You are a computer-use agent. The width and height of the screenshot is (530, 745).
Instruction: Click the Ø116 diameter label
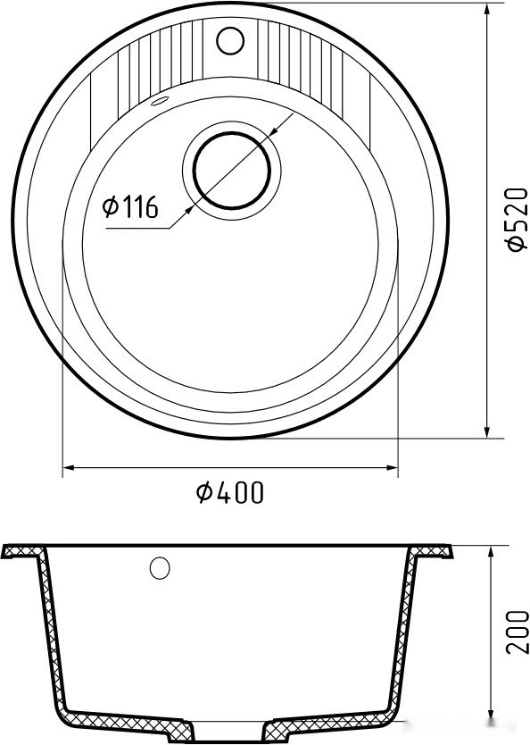[130, 208]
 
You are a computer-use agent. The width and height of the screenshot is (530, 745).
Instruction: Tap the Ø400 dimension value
[230, 492]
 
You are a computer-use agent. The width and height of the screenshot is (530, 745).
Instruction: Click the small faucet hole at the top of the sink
[230, 39]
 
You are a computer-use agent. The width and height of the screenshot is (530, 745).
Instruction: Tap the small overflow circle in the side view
[161, 567]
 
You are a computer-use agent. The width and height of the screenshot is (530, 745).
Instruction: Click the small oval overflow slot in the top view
[161, 101]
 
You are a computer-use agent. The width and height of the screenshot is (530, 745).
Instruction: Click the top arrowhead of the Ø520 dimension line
[488, 10]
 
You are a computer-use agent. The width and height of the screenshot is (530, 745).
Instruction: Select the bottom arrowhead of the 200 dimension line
[491, 716]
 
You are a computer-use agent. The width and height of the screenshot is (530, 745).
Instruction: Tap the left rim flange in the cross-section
[24, 552]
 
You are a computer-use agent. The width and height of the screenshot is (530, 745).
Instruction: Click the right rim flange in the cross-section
[436, 552]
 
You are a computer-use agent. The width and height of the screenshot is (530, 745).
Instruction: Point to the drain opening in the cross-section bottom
[231, 724]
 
